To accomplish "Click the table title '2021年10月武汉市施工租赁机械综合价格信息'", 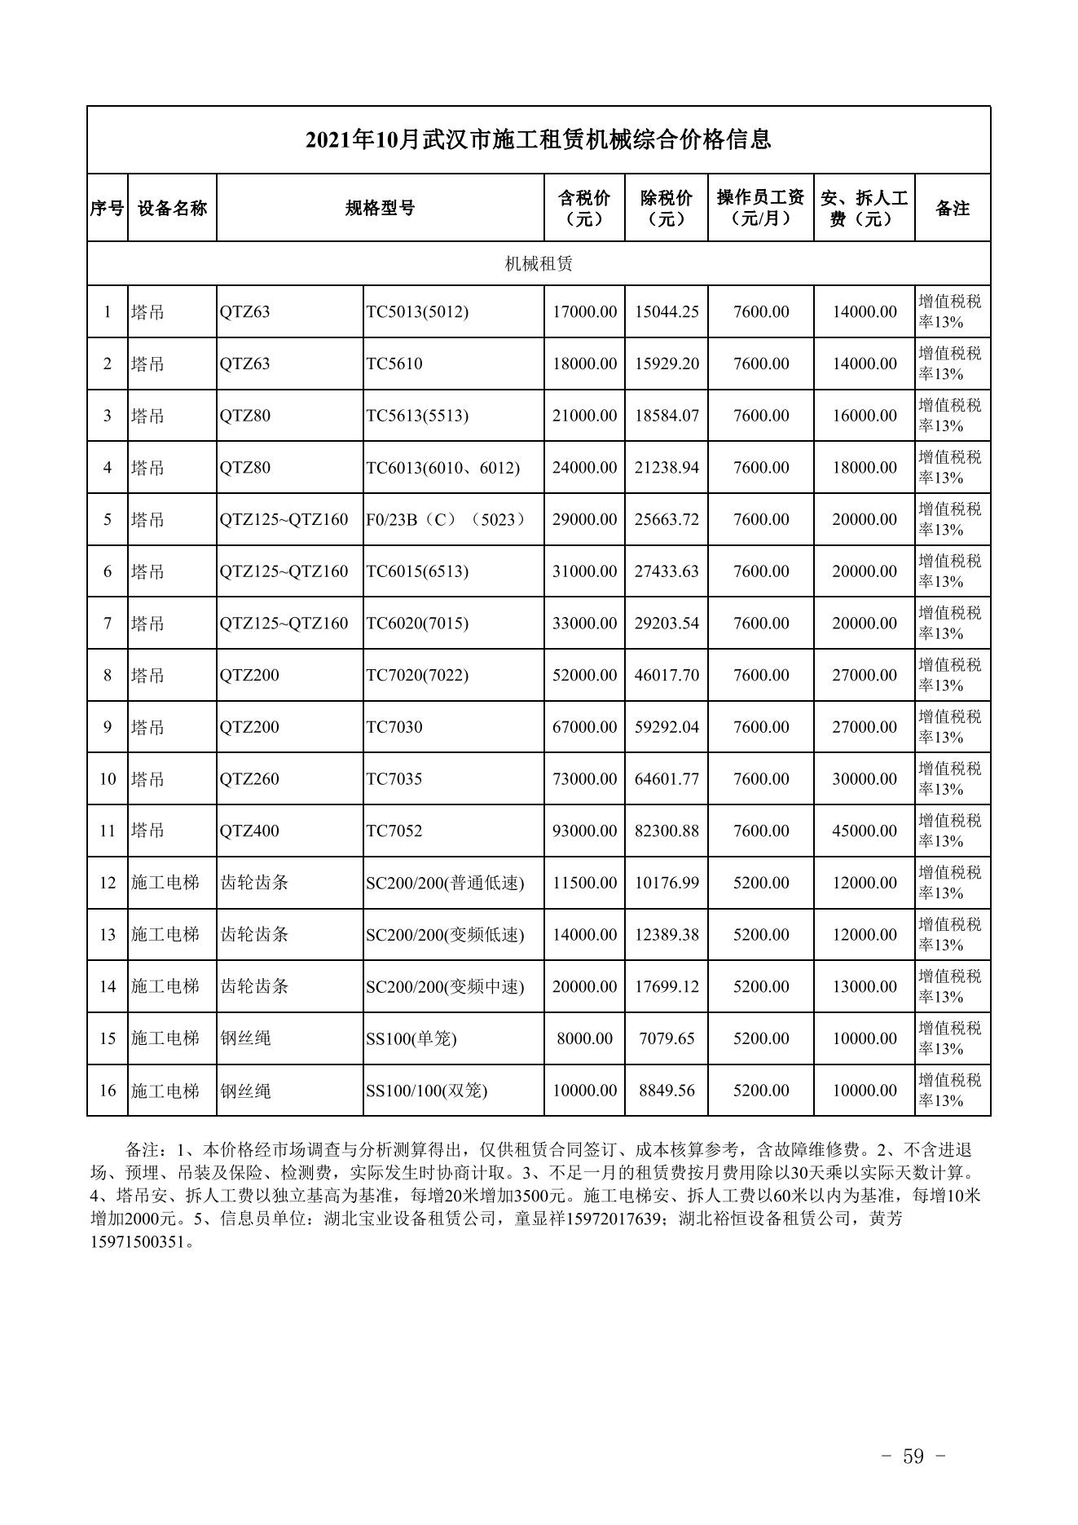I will click(x=538, y=140).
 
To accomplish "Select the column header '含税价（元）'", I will click(x=584, y=208).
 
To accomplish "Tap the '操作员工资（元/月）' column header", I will click(x=760, y=208).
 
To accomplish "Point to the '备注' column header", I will click(x=952, y=208).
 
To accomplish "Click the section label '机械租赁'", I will click(x=539, y=263).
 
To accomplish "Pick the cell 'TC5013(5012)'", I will click(x=417, y=312).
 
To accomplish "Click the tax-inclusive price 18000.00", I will click(x=584, y=364).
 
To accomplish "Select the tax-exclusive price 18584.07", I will click(x=667, y=416).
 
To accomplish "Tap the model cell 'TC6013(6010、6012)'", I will click(x=442, y=468).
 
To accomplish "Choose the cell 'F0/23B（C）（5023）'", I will click(x=446, y=519).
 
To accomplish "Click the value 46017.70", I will click(x=667, y=675).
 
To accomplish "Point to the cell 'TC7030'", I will click(x=394, y=727).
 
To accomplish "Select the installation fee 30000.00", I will click(x=864, y=779).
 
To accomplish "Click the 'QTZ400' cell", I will click(x=249, y=831).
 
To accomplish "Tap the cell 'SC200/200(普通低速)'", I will click(x=445, y=883).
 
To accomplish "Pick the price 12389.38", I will click(x=667, y=935).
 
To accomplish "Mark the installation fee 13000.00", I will click(x=864, y=986).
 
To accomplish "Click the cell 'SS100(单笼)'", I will click(x=411, y=1038).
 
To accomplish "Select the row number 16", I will click(x=108, y=1091).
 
